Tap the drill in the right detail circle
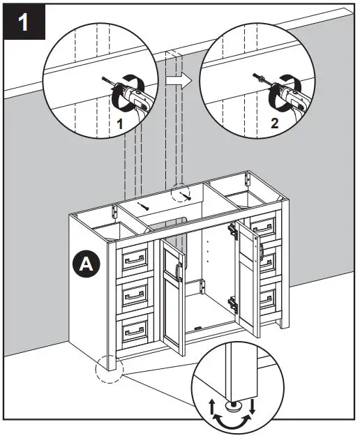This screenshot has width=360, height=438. [x=285, y=96]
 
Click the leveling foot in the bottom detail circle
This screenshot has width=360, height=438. [x=230, y=402]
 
